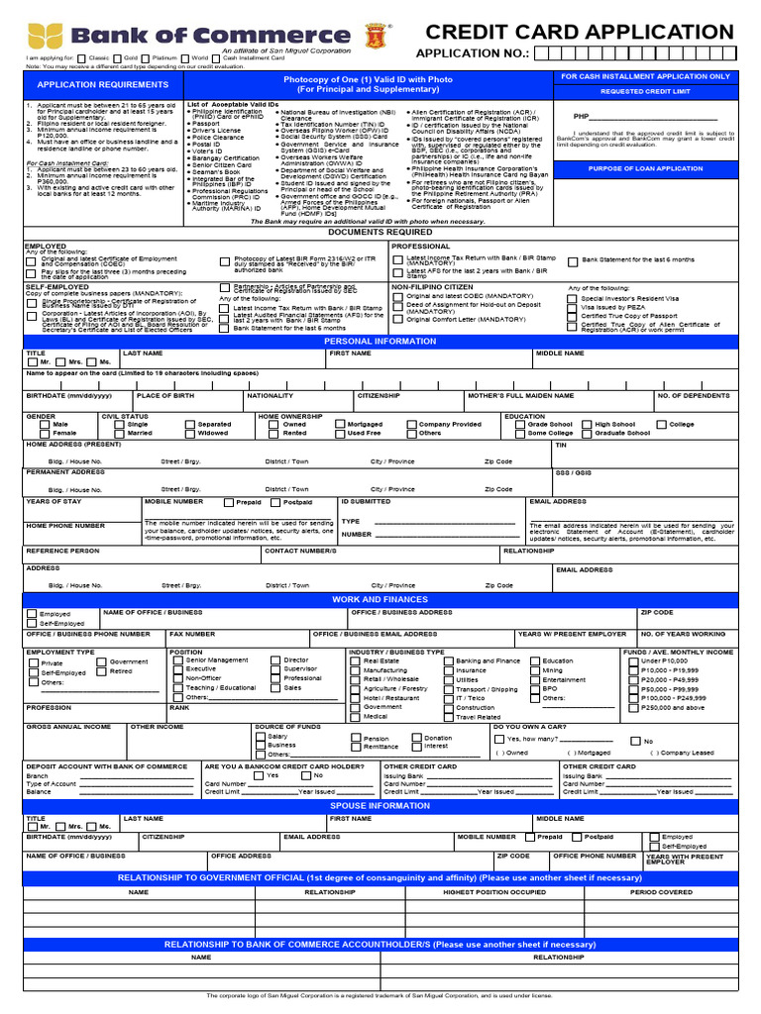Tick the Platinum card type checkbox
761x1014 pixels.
[x=145, y=58]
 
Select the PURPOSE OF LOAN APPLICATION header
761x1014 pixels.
[x=645, y=168]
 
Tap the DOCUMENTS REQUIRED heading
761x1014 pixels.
[x=380, y=232]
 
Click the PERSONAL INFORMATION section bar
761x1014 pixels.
[x=380, y=341]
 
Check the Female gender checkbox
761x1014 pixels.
[x=45, y=433]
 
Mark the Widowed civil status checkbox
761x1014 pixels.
[x=189, y=433]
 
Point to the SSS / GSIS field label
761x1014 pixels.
[x=572, y=472]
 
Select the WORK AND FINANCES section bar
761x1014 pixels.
[x=380, y=600]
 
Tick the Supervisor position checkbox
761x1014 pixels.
[x=275, y=669]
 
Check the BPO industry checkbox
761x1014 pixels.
[x=534, y=688]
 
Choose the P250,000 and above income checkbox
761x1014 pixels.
[x=633, y=707]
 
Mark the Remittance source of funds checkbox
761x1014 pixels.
[x=356, y=748]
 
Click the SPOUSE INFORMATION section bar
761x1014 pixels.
[x=380, y=806]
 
